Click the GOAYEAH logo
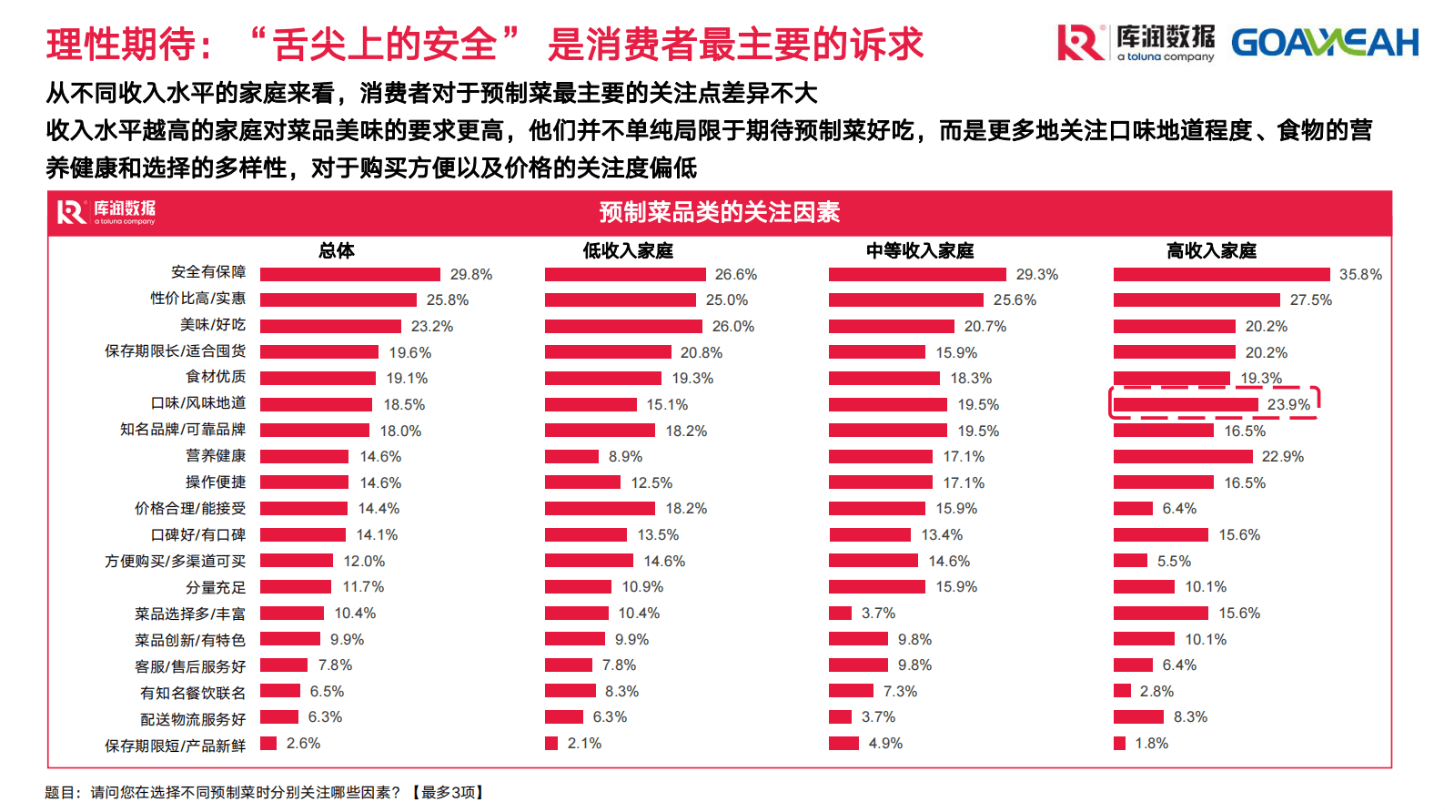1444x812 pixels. click(x=1324, y=43)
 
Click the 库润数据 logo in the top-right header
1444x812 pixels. click(x=1136, y=43)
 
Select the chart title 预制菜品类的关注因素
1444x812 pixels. click(x=719, y=212)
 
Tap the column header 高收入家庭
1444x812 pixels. click(x=1211, y=250)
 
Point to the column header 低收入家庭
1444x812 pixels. click(x=628, y=250)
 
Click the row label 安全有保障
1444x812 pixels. click(x=208, y=272)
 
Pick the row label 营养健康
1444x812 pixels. click(x=216, y=455)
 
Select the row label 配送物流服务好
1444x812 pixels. click(x=193, y=719)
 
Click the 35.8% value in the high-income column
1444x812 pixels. click(x=1360, y=274)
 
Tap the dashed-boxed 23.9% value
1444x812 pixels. click(x=1288, y=404)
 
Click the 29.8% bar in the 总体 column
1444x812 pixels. click(x=350, y=274)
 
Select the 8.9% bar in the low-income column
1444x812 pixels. click(x=571, y=456)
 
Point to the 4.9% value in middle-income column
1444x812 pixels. click(x=885, y=743)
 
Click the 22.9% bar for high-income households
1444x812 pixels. click(x=1183, y=456)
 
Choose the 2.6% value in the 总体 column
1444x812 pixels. click(x=303, y=743)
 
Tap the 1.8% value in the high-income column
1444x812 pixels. click(x=1151, y=743)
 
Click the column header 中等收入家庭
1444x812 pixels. click(x=920, y=250)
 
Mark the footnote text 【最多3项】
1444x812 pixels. click(x=448, y=792)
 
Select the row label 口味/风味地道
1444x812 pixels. click(x=197, y=403)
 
